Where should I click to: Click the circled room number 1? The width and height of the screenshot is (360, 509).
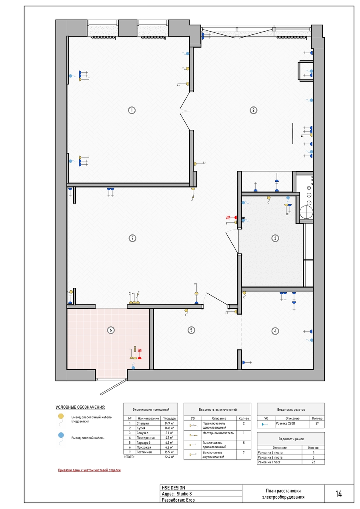pyautogui.click(x=132, y=110)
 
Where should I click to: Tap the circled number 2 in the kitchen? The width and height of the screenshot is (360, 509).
pyautogui.click(x=254, y=110)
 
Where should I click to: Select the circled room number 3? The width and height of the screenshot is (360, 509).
pyautogui.click(x=275, y=238)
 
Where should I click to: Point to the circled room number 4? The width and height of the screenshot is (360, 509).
pyautogui.click(x=275, y=331)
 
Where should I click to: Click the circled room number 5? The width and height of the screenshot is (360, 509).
pyautogui.click(x=191, y=330)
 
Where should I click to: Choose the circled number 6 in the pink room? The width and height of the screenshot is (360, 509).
pyautogui.click(x=111, y=330)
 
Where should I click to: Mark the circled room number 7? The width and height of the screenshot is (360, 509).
pyautogui.click(x=132, y=238)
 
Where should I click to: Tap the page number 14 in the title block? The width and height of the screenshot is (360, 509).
pyautogui.click(x=338, y=494)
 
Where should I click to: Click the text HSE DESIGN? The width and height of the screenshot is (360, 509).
pyautogui.click(x=174, y=488)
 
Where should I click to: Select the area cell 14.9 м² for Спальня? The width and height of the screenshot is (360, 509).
pyautogui.click(x=169, y=423)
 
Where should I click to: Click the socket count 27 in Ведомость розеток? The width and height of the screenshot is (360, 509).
pyautogui.click(x=317, y=423)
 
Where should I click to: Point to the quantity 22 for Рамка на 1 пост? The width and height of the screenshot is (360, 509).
pyautogui.click(x=314, y=462)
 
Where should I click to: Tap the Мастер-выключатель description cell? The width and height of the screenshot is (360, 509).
pyautogui.click(x=218, y=433)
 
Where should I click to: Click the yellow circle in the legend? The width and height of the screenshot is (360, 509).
pyautogui.click(x=61, y=416)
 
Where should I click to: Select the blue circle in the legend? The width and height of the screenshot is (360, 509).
pyautogui.click(x=61, y=435)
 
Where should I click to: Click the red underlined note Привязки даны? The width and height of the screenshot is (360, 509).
pyautogui.click(x=89, y=470)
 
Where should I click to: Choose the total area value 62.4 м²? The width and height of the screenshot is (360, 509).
pyautogui.click(x=169, y=457)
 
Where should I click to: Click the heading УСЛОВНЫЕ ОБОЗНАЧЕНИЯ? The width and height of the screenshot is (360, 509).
pyautogui.click(x=80, y=407)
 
